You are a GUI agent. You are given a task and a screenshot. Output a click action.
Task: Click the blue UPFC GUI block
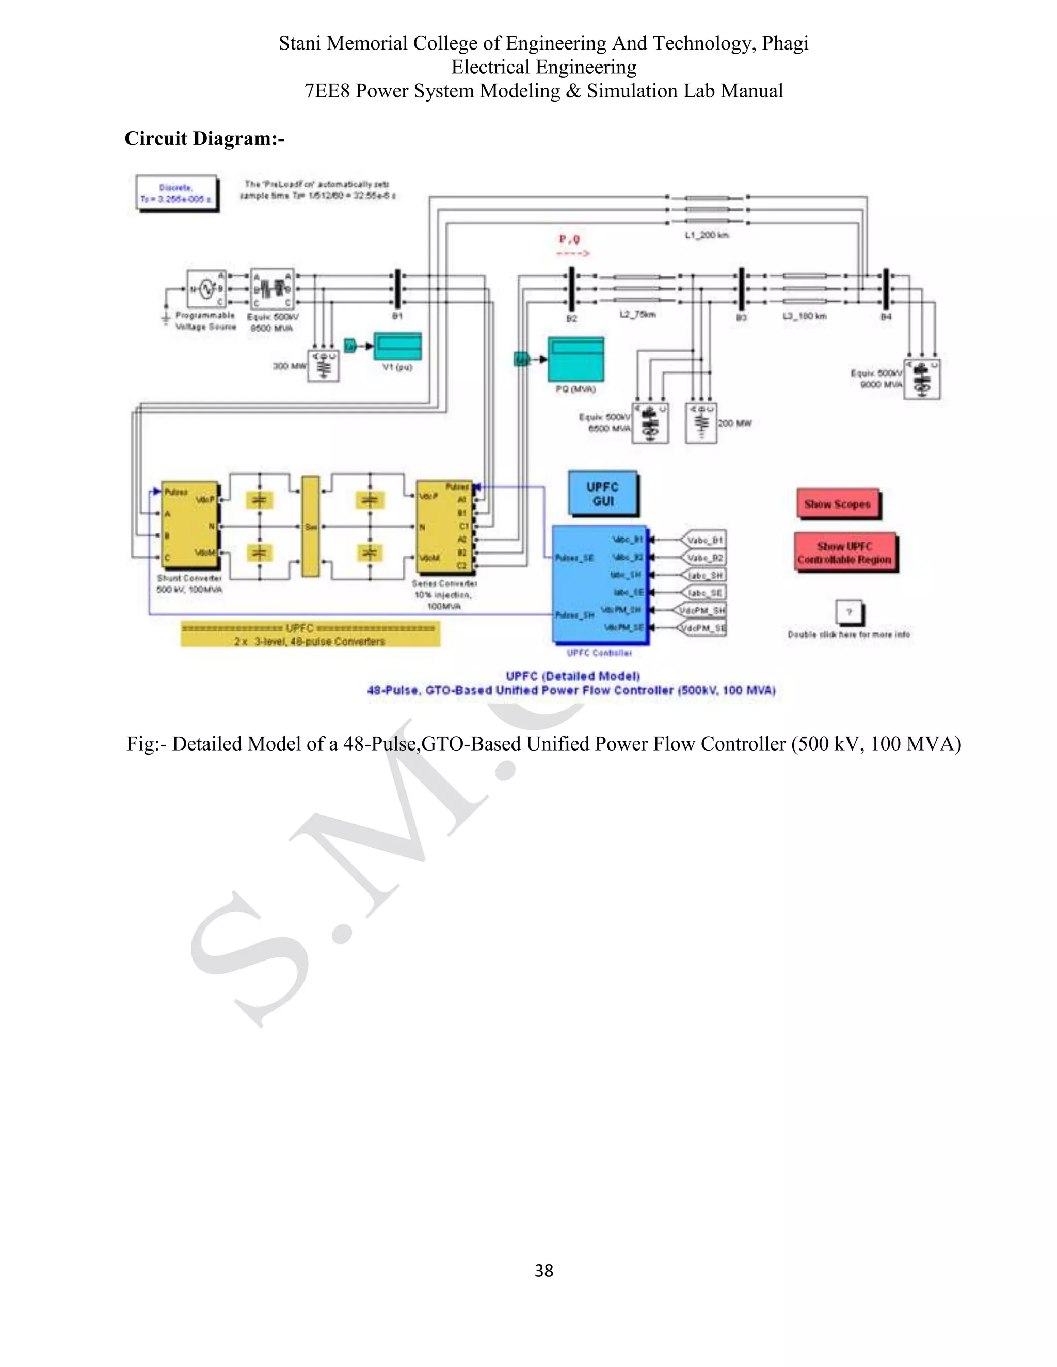tap(603, 494)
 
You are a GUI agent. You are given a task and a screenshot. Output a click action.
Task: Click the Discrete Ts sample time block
tap(177, 193)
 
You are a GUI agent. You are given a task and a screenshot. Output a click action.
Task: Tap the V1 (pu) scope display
tap(397, 347)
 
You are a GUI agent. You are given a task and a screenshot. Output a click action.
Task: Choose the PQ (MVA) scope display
tap(575, 359)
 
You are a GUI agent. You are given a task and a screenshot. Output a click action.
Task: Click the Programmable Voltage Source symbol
tap(206, 288)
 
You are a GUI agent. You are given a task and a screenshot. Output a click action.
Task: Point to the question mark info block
tap(849, 612)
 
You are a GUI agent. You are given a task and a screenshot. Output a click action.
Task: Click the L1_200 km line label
tap(707, 235)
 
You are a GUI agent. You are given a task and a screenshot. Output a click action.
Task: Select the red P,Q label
tap(569, 239)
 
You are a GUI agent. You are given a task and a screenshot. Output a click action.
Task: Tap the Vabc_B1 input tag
tap(704, 540)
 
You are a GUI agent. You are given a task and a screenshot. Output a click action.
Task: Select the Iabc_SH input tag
tap(704, 575)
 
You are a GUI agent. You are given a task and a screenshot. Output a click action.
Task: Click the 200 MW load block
tap(701, 424)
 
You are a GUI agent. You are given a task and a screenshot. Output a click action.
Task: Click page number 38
tap(543, 1270)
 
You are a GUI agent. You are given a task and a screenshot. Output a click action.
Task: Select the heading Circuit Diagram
tap(205, 138)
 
